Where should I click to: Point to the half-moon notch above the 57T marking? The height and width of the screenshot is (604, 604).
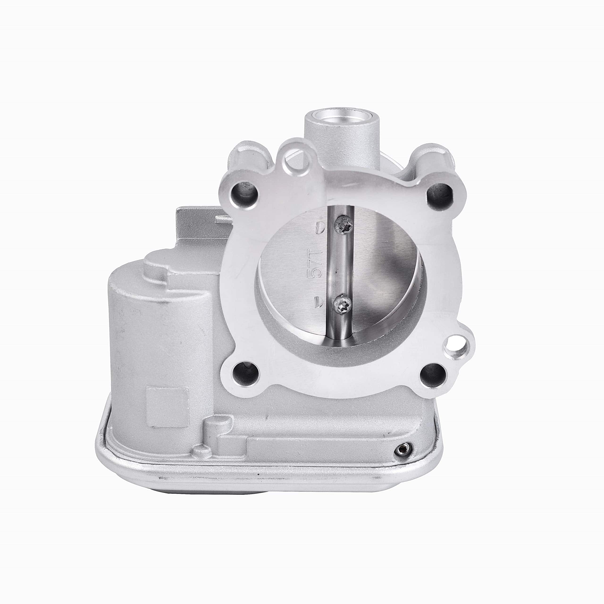click(321, 227)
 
